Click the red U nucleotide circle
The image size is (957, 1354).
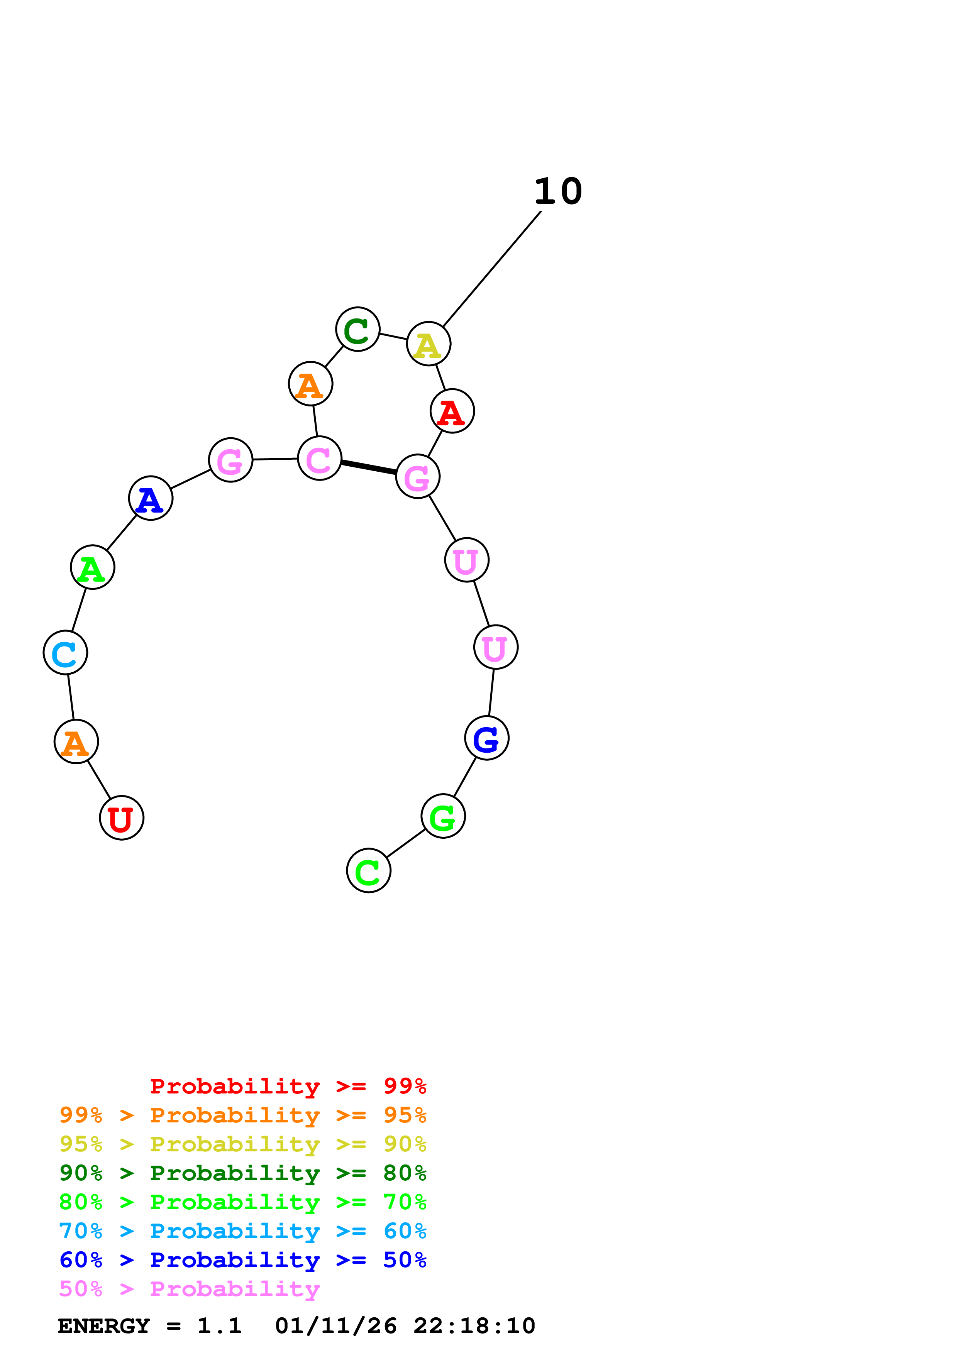[122, 817]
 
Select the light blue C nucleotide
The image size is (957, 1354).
[66, 652]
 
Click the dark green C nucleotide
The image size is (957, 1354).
[358, 329]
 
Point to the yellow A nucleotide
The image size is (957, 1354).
[429, 344]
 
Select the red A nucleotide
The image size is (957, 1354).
[452, 411]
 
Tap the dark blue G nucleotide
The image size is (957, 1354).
[486, 738]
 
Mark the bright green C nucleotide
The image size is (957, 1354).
[369, 870]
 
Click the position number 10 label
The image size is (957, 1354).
[558, 192]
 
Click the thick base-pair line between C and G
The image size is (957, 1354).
[369, 467]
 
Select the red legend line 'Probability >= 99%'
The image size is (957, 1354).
[288, 1086]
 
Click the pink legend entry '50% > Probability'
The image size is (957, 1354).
[189, 1288]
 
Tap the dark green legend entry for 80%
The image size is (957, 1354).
[242, 1173]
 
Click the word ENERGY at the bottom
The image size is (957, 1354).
[104, 1326]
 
